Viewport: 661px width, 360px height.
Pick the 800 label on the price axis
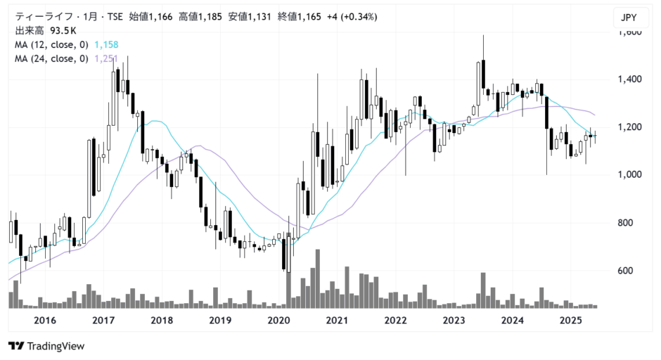624,223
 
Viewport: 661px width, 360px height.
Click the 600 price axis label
624,271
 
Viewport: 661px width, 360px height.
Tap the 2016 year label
45,321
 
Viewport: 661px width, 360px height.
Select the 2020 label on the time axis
279,321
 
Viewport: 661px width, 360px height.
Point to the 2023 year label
455,321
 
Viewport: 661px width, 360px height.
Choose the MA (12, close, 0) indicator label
51,45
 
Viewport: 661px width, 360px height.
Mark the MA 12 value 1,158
105,45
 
